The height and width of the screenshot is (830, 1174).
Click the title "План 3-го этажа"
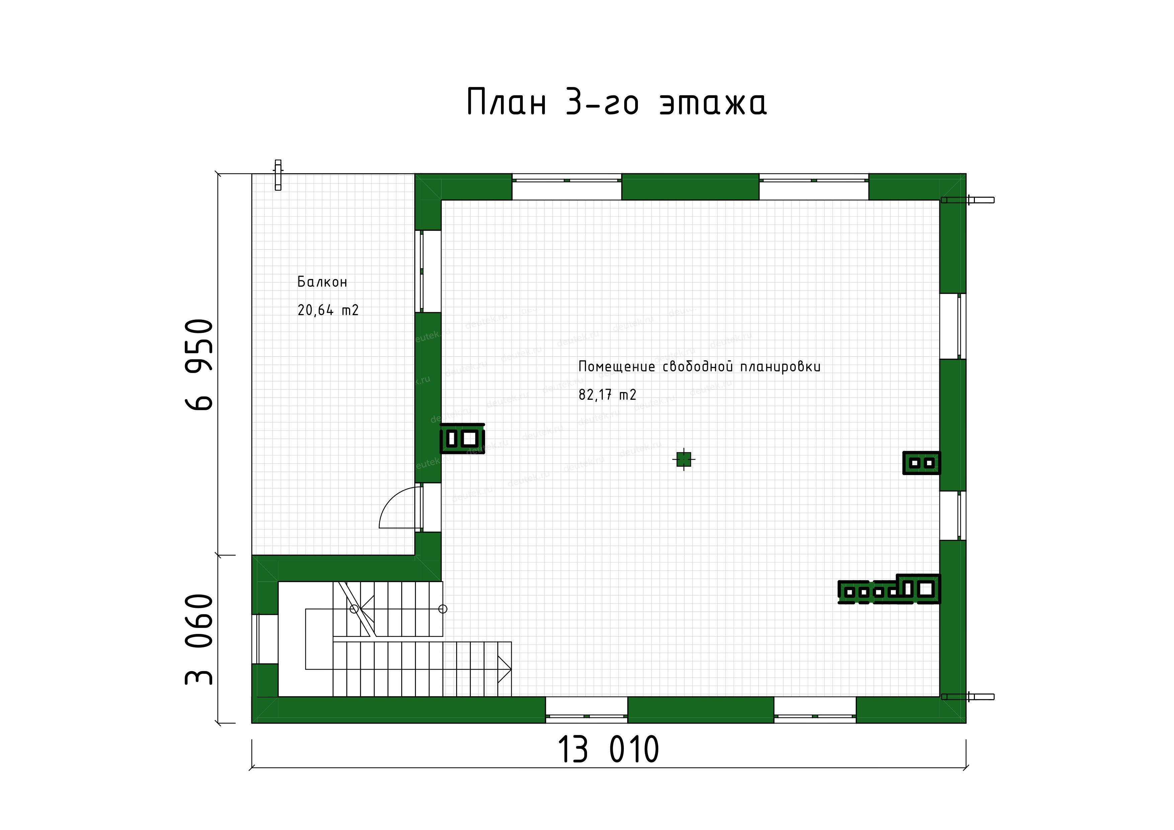point(617,102)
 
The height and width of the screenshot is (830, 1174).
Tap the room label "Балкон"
point(322,282)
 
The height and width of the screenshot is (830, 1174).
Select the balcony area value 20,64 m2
point(328,310)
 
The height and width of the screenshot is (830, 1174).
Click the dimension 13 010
point(608,750)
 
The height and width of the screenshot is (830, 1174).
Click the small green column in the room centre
point(684,459)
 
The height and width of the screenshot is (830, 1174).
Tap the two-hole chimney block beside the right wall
point(921,463)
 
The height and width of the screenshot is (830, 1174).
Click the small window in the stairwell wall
point(265,639)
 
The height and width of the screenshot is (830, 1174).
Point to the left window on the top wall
point(567,187)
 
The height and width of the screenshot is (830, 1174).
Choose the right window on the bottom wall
point(815,710)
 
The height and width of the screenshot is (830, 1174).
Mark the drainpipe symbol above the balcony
point(278,175)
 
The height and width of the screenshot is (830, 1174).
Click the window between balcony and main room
point(428,271)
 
